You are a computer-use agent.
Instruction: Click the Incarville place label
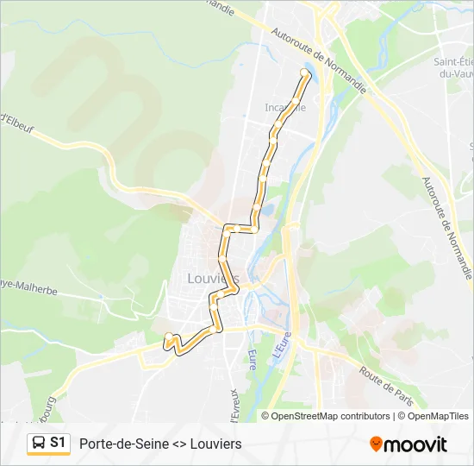pyautogui.click(x=285, y=108)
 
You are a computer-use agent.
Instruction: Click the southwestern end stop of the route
pyautogui.click(x=168, y=336)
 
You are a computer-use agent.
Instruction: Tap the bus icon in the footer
pyautogui.click(x=39, y=443)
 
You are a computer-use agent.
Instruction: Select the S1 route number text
pyautogui.click(x=59, y=443)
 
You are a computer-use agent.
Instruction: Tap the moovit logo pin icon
pyautogui.click(x=376, y=444)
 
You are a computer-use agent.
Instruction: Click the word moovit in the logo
pyautogui.click(x=415, y=444)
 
